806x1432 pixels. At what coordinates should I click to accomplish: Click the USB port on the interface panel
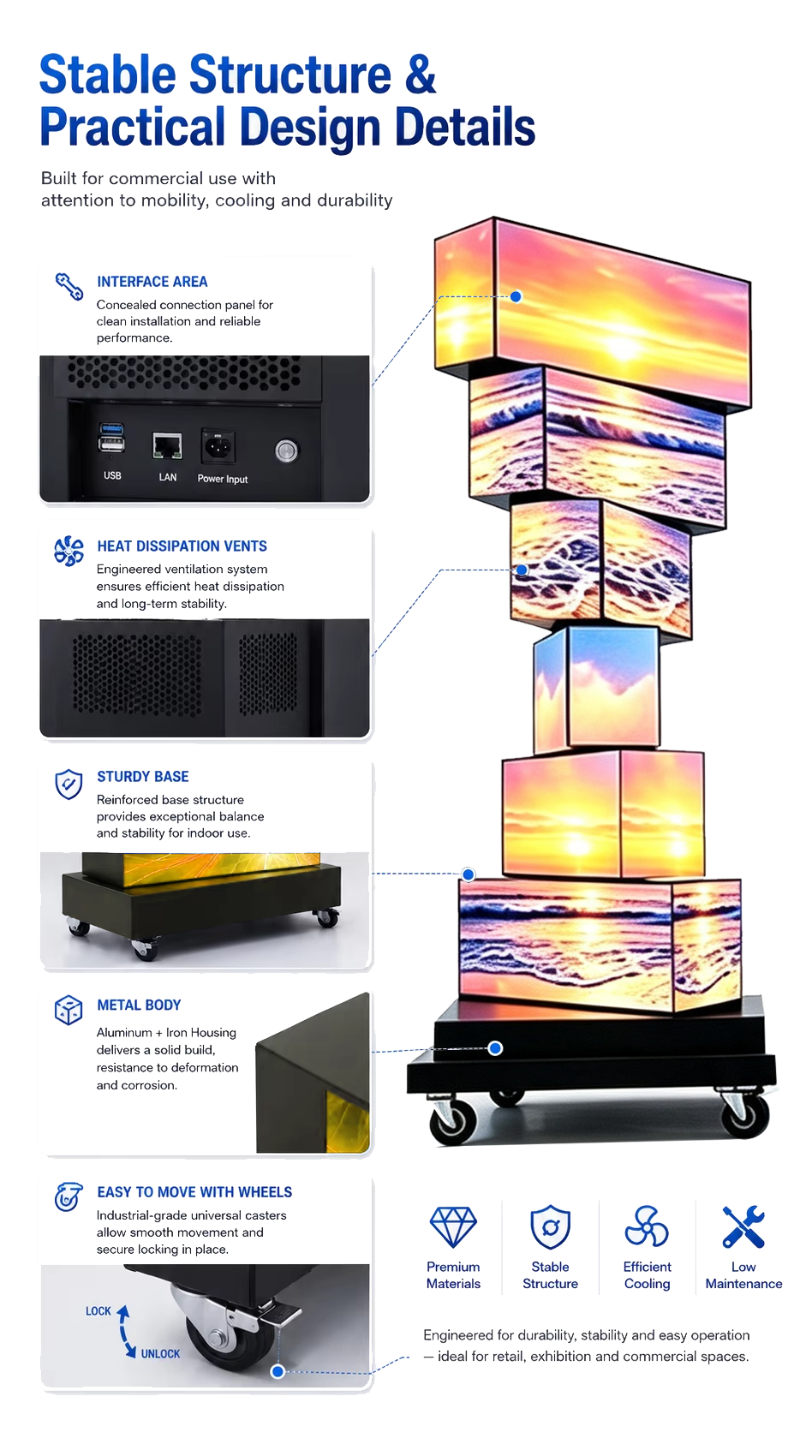(x=111, y=438)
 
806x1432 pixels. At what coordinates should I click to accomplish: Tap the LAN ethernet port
(x=167, y=445)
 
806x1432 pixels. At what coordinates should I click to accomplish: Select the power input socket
(x=218, y=445)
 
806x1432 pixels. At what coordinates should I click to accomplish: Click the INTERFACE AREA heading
(x=152, y=281)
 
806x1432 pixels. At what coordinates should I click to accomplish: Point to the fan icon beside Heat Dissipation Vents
(x=69, y=551)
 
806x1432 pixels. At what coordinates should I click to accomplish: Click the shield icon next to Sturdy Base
(x=69, y=784)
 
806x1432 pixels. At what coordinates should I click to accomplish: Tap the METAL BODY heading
(x=139, y=1005)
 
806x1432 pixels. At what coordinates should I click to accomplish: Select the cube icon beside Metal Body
(x=69, y=1010)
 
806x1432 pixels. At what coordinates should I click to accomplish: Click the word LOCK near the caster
(x=99, y=1311)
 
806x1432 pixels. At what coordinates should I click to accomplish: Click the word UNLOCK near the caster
(x=160, y=1354)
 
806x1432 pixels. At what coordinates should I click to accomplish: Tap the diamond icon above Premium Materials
(x=453, y=1226)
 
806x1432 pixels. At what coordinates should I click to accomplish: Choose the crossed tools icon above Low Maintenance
(x=743, y=1226)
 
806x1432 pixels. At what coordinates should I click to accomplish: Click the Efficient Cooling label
(x=647, y=1274)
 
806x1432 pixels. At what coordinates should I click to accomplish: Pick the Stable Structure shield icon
(x=551, y=1226)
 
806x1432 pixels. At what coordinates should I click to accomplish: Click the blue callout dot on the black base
(x=495, y=1047)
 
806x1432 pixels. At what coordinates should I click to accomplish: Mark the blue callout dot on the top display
(x=516, y=296)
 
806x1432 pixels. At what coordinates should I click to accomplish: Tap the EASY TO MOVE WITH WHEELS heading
(x=194, y=1192)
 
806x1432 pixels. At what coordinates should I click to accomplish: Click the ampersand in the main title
(x=420, y=75)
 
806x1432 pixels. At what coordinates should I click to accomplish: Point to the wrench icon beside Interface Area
(x=69, y=286)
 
